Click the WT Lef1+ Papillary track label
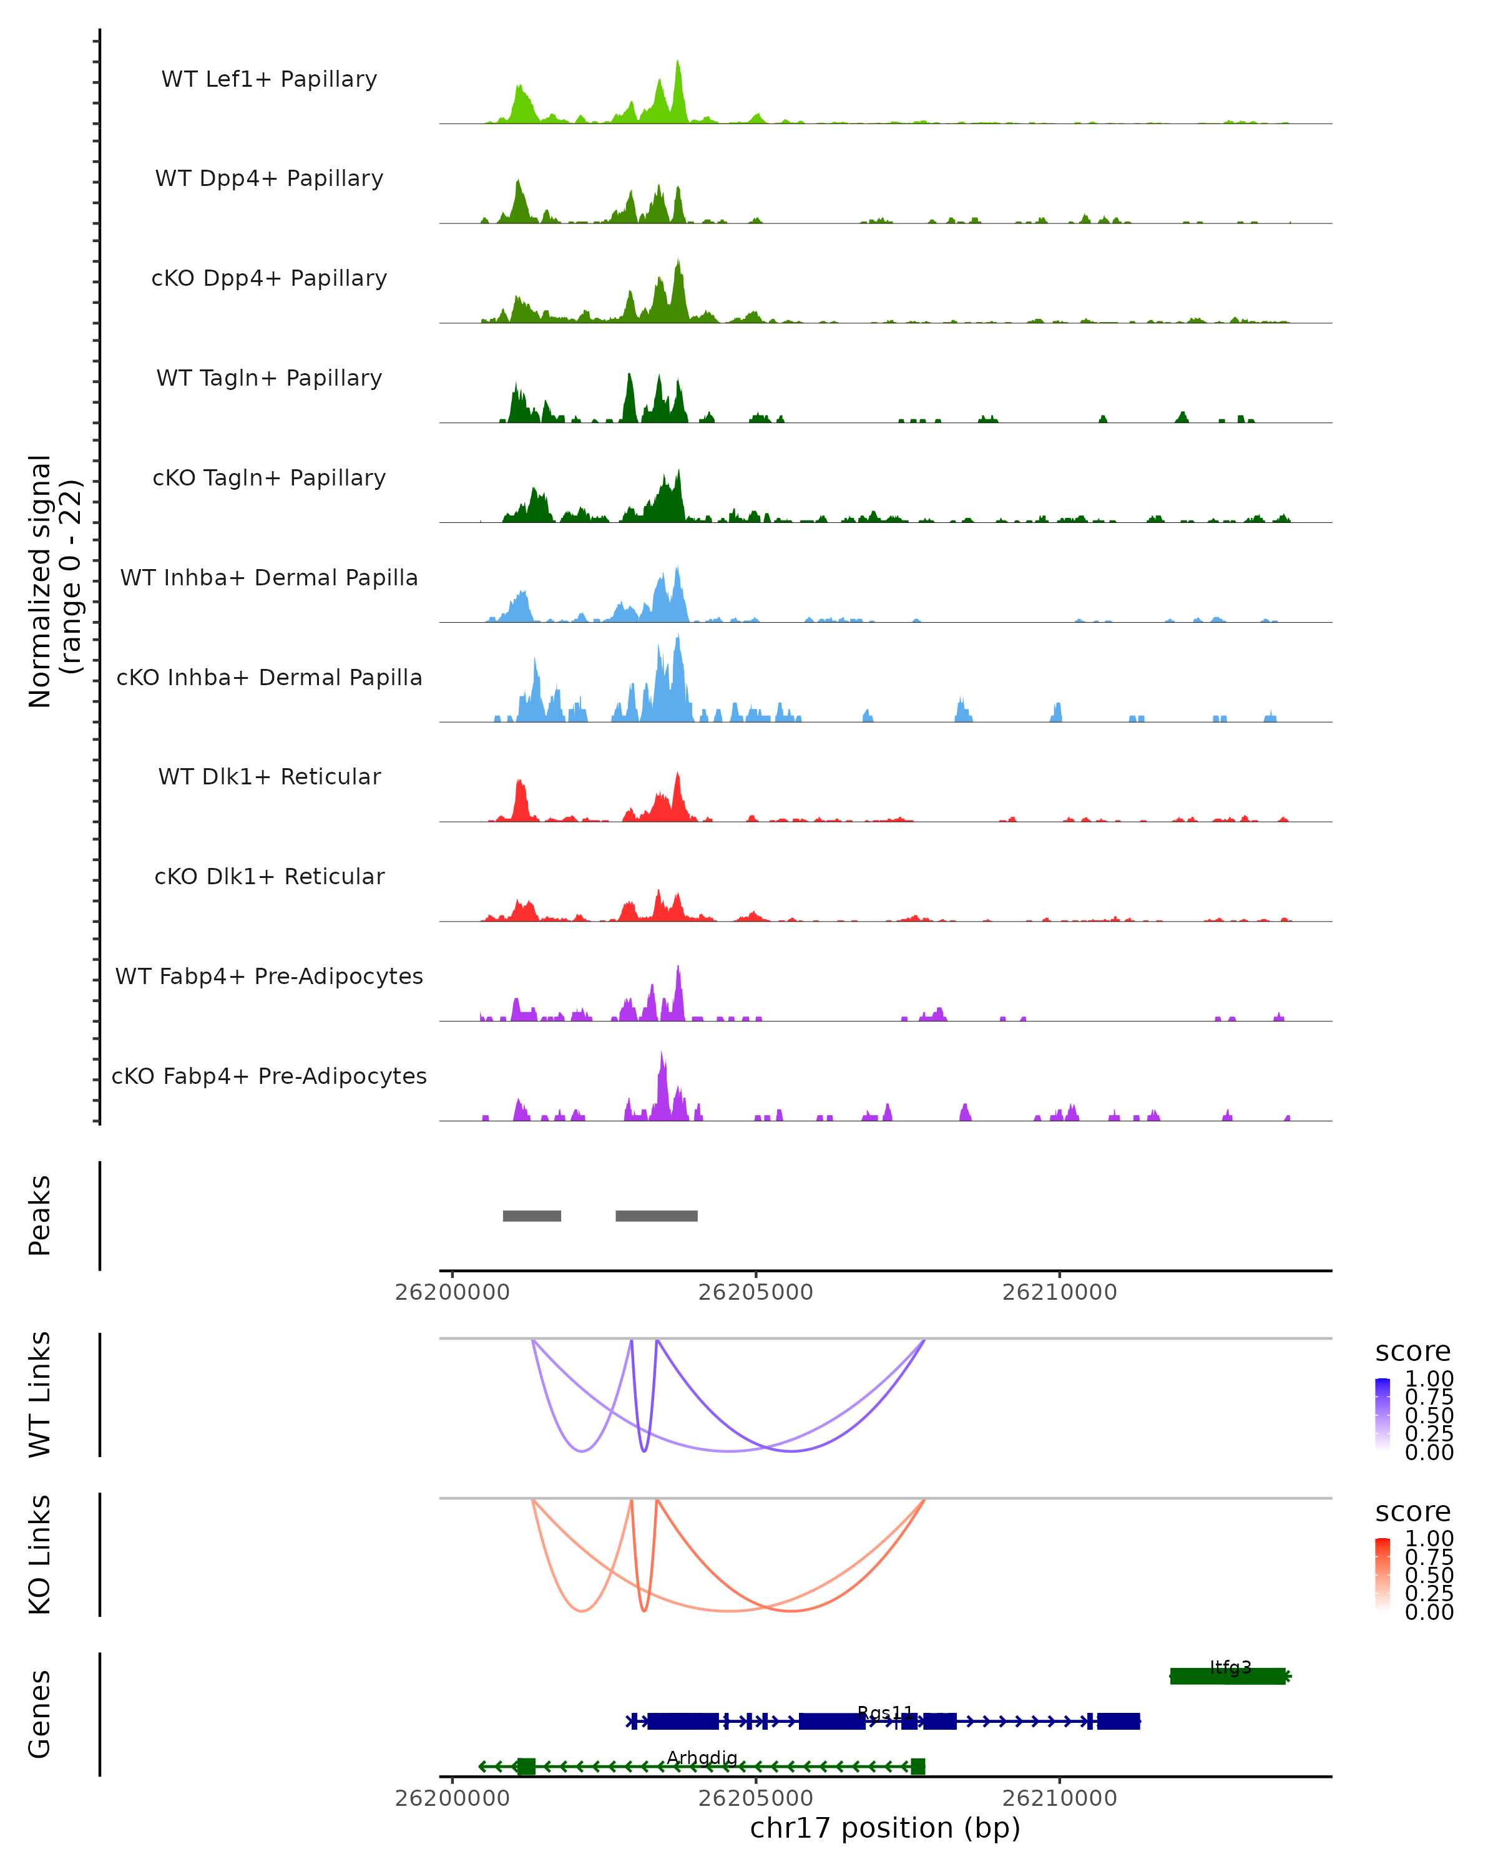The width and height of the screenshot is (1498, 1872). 269,79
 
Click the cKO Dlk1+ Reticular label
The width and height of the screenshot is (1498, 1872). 269,876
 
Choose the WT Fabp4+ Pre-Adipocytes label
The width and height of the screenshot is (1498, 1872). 269,976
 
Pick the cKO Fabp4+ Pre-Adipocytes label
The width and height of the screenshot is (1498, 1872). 269,1076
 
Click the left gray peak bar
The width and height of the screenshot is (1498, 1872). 531,1216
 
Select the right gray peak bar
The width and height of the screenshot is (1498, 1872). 657,1216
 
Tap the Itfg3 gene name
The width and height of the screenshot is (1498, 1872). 1230,1667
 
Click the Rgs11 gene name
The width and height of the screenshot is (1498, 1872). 885,1712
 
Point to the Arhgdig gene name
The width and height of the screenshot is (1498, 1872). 702,1757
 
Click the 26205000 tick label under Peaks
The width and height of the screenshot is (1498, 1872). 755,1292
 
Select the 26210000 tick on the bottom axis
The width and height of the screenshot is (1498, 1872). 1059,1798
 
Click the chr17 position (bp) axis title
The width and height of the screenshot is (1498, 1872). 885,1828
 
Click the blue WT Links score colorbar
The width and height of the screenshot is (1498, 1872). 1383,1413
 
